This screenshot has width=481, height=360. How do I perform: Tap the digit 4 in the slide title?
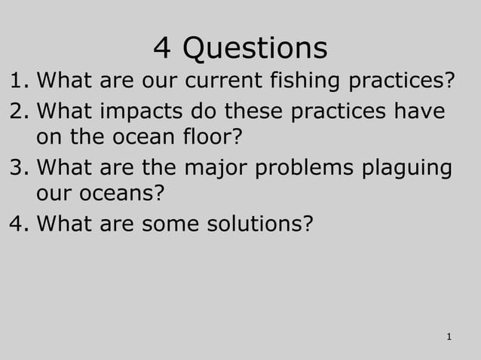(x=162, y=48)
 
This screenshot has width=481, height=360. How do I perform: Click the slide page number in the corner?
(x=449, y=336)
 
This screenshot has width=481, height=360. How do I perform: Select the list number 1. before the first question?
(x=18, y=79)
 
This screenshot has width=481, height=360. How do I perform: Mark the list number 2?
(x=18, y=111)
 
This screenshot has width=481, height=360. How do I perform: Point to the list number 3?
(x=18, y=167)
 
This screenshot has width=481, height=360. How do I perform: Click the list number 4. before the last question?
(x=18, y=224)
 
